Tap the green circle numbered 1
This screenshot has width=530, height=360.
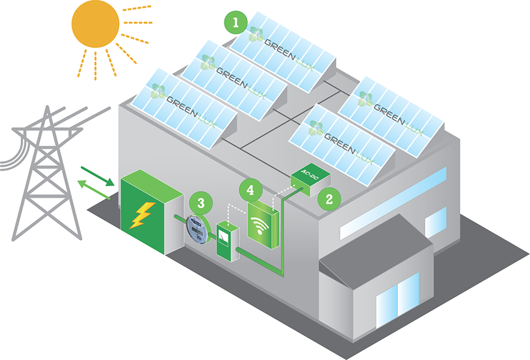click(235, 23)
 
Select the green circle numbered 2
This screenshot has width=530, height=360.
click(329, 198)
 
